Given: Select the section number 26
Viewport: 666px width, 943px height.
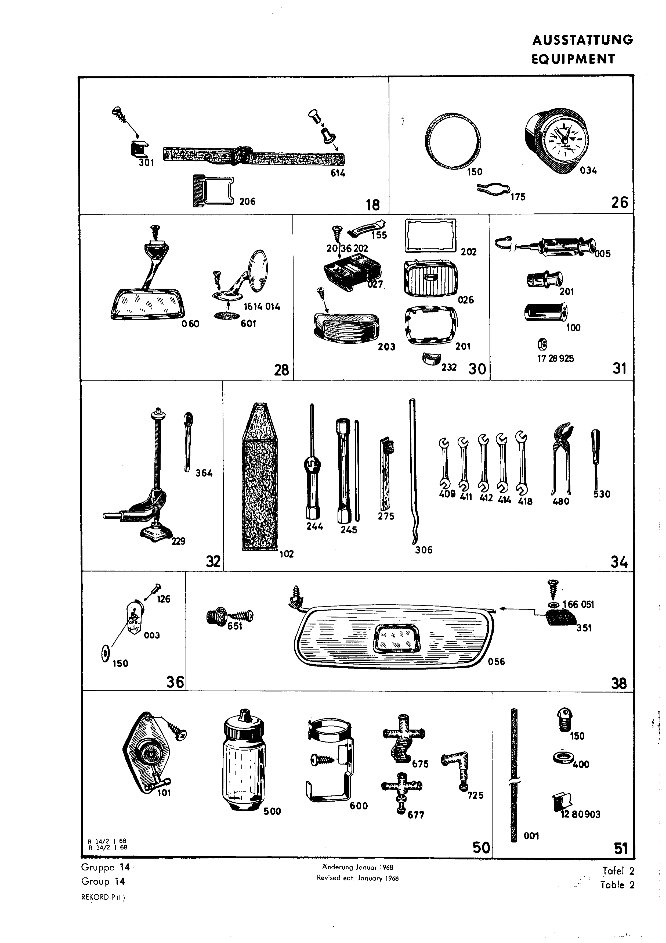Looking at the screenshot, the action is (620, 202).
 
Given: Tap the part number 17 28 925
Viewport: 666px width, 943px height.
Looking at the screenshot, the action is (556, 358).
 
